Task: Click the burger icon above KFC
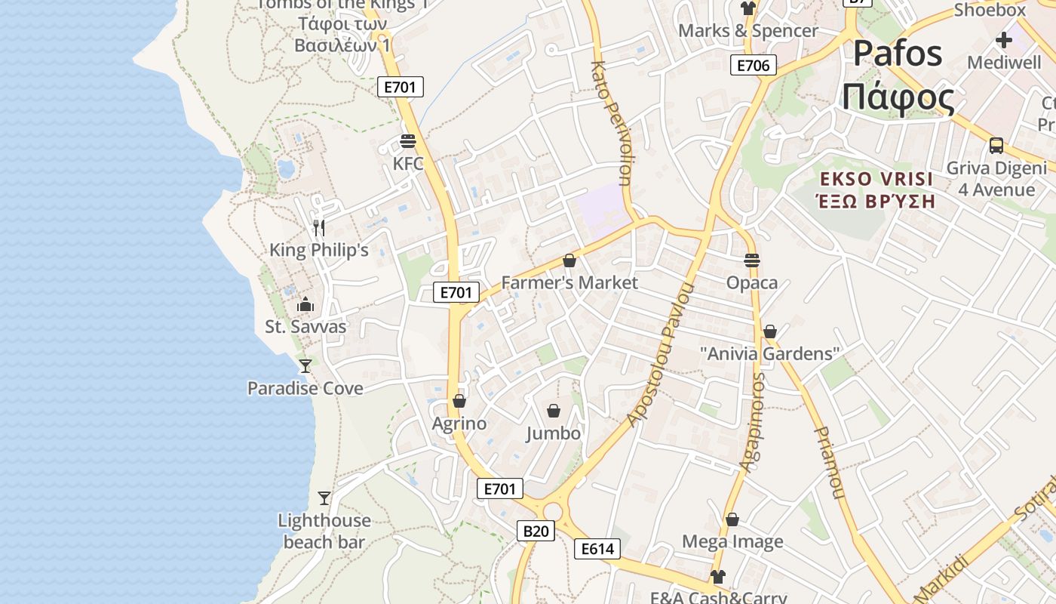pyautogui.click(x=408, y=141)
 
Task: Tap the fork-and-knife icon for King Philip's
pyautogui.click(x=319, y=227)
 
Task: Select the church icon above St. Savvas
pyautogui.click(x=305, y=304)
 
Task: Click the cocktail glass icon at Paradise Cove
pyautogui.click(x=305, y=366)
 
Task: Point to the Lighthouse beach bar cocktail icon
pyautogui.click(x=324, y=498)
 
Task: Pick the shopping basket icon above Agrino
pyautogui.click(x=459, y=401)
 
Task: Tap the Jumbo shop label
pyautogui.click(x=554, y=433)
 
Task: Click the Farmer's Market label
pyautogui.click(x=569, y=283)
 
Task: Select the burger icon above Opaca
pyautogui.click(x=752, y=260)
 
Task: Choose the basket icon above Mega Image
pyautogui.click(x=732, y=519)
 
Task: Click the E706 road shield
pyautogui.click(x=754, y=65)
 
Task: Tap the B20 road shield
pyautogui.click(x=536, y=531)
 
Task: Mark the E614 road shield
pyautogui.click(x=597, y=549)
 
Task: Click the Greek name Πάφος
pyautogui.click(x=898, y=98)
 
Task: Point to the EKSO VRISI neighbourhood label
pyautogui.click(x=877, y=180)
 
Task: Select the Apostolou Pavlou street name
pyautogui.click(x=660, y=355)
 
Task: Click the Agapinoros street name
pyautogui.click(x=753, y=423)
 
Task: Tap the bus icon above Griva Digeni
pyautogui.click(x=996, y=146)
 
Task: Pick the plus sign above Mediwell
pyautogui.click(x=1004, y=40)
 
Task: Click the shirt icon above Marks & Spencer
pyautogui.click(x=748, y=8)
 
